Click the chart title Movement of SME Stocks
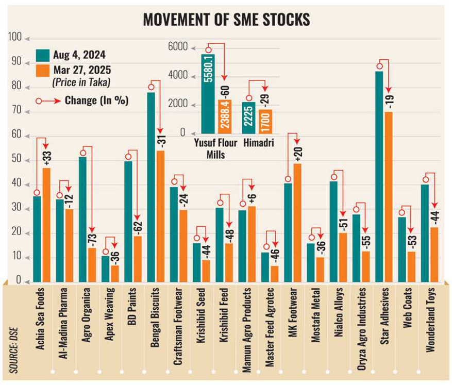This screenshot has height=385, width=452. [x=226, y=20]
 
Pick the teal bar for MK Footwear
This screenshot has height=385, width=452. [x=288, y=232]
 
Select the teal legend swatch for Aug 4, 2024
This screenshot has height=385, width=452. [x=42, y=55]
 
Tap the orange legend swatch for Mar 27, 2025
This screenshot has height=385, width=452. [x=42, y=71]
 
